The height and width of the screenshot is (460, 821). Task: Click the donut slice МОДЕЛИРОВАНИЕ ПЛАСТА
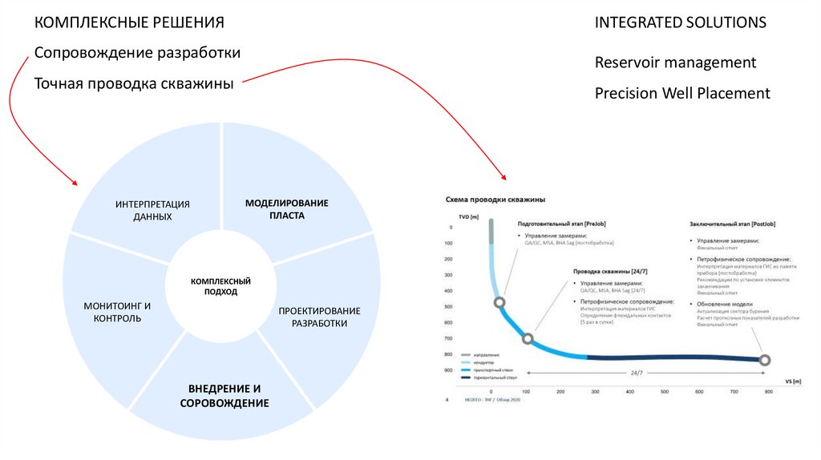pos(287,209)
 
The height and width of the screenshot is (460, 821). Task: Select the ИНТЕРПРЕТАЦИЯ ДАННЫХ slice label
pos(152,210)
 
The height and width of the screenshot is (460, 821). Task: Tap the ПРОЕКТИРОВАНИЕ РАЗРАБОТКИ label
pos(319,317)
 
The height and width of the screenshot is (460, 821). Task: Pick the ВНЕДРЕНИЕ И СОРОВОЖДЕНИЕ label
pos(224,395)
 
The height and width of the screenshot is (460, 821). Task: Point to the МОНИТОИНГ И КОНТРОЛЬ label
pos(117,312)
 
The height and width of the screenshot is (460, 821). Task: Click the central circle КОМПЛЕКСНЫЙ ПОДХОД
pos(220,287)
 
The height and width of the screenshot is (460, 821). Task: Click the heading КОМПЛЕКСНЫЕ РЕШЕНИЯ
pos(129,22)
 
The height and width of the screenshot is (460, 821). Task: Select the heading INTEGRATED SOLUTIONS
pos(680,22)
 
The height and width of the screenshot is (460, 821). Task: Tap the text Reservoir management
pos(675,62)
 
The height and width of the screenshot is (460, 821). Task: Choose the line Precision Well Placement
pos(682,93)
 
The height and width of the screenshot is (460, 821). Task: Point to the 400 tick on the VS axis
pos(629,392)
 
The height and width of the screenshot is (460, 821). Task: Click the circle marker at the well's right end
pos(765,360)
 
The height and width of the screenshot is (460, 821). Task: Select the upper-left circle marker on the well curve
pos(499,302)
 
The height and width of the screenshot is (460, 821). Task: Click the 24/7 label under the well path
pos(636,373)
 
